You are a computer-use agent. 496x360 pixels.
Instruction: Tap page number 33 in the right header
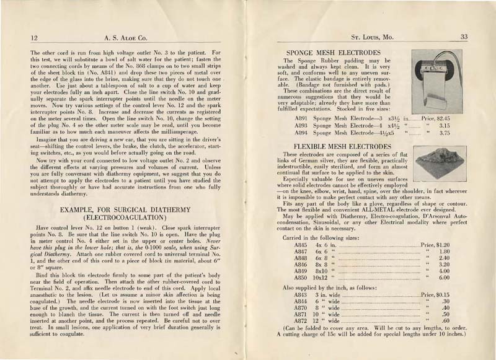point(464,37)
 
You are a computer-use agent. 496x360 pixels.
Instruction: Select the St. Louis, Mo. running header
point(369,37)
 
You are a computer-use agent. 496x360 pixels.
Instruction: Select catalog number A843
point(302,295)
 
